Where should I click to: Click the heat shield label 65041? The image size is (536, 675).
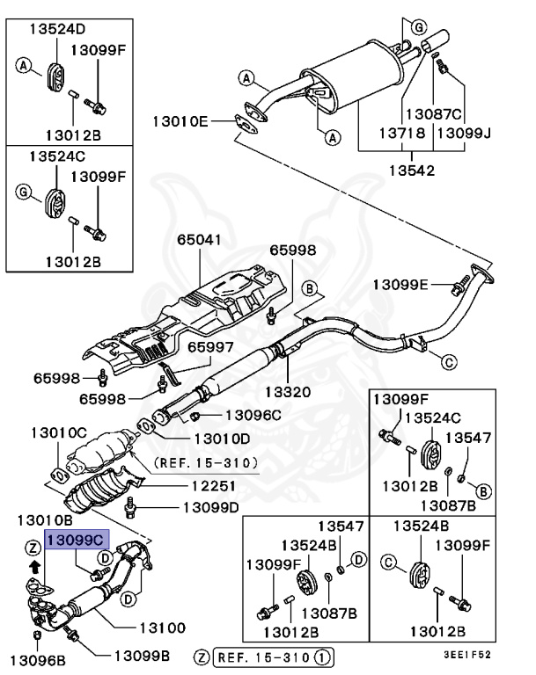201,239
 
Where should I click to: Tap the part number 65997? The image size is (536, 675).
209,348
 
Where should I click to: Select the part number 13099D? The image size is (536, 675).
210,507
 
